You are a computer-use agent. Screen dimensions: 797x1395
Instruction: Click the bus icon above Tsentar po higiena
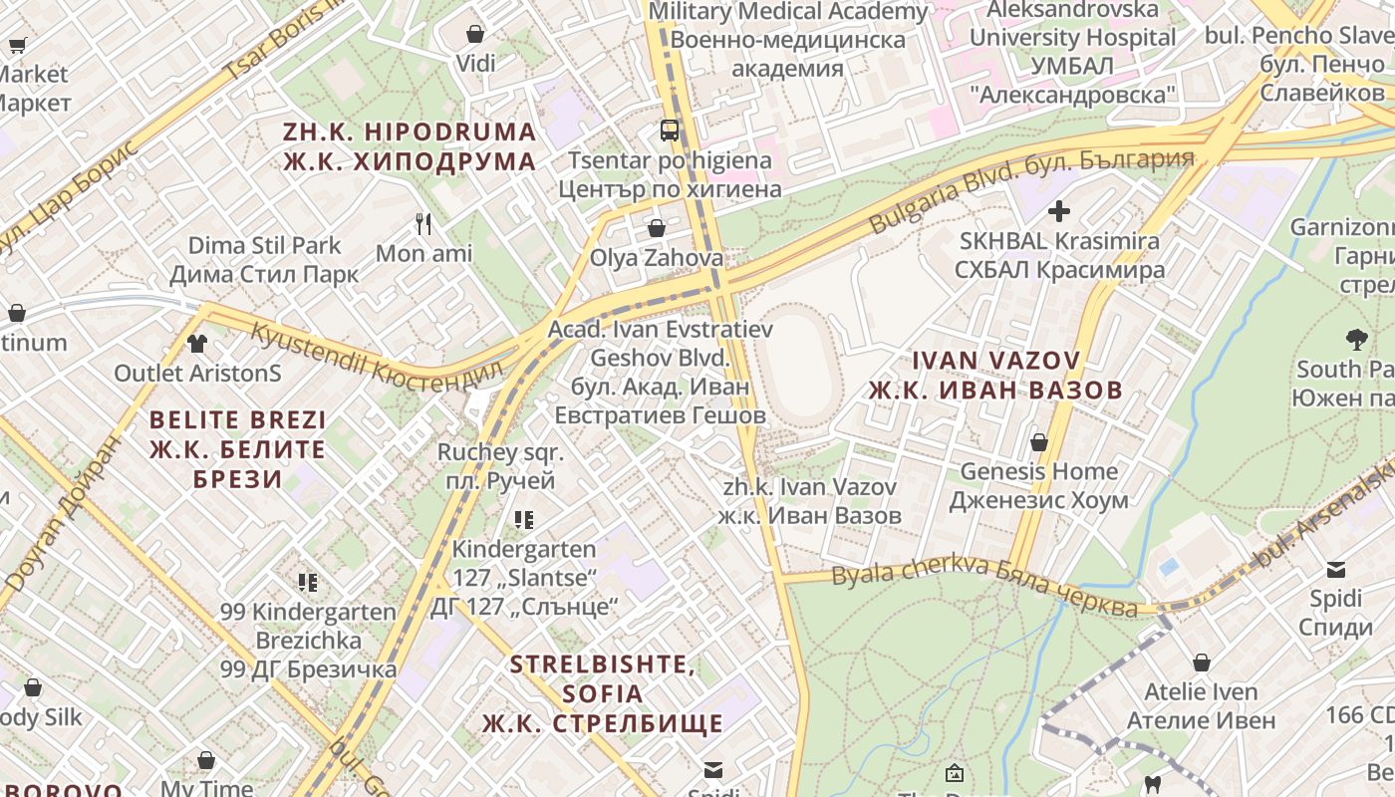click(x=670, y=130)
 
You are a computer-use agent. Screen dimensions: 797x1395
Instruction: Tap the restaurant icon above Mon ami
click(x=424, y=224)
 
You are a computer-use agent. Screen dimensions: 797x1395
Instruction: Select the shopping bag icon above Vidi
click(x=475, y=34)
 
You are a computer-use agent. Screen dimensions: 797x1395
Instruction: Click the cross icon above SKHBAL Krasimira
click(x=1059, y=211)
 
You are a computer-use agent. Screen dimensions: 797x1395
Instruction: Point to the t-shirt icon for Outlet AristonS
click(x=197, y=344)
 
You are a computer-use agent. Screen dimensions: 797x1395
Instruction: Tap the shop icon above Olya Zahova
click(x=656, y=228)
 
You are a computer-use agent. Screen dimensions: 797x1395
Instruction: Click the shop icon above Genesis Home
click(x=1039, y=441)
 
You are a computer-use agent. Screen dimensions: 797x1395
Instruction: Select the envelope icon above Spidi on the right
click(x=1335, y=570)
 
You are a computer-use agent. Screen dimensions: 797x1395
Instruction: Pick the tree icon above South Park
click(x=1356, y=339)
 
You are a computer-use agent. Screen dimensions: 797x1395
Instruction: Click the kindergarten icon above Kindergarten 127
click(x=524, y=519)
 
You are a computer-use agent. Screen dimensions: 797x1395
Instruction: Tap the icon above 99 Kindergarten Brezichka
click(x=307, y=582)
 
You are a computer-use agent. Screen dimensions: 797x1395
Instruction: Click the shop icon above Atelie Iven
click(x=1202, y=662)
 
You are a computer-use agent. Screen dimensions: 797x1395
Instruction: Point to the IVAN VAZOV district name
click(x=995, y=375)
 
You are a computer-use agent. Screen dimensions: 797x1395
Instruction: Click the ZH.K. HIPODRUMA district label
click(x=410, y=146)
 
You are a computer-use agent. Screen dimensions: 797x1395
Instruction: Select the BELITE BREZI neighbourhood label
click(x=238, y=448)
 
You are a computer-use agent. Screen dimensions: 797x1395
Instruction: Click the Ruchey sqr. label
click(x=500, y=466)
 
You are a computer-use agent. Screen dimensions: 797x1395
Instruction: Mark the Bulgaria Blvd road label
click(x=1030, y=190)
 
